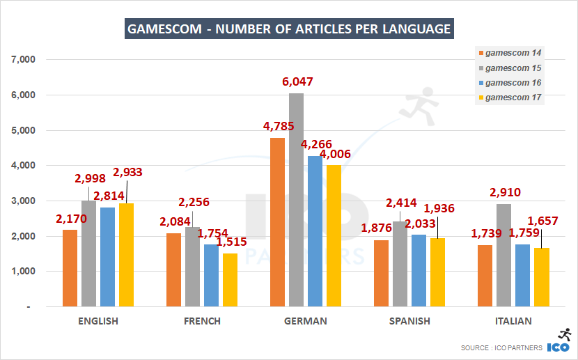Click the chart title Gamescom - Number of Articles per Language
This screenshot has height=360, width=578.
(x=288, y=29)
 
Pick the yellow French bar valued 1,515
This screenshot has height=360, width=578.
(x=230, y=280)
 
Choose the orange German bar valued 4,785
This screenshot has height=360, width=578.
(x=277, y=222)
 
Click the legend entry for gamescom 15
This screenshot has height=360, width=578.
(x=513, y=68)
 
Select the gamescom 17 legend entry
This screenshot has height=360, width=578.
(x=513, y=97)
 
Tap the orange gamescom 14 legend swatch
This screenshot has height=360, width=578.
(x=479, y=53)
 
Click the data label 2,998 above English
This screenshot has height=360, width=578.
(x=91, y=179)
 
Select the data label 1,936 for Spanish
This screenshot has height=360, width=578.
(x=439, y=208)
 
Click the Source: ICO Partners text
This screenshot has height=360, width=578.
(x=501, y=347)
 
